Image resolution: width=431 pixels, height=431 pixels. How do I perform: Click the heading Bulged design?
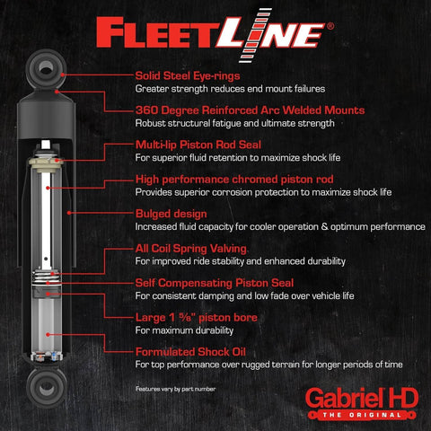coord(172,214)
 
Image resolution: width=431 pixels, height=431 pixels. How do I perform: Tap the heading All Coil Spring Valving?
coord(191,248)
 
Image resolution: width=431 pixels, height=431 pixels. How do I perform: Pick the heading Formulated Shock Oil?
coord(193,351)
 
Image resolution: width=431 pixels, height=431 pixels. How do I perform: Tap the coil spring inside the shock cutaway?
coord(47,280)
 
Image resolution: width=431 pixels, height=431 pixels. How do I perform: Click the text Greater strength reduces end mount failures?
coord(230,89)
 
